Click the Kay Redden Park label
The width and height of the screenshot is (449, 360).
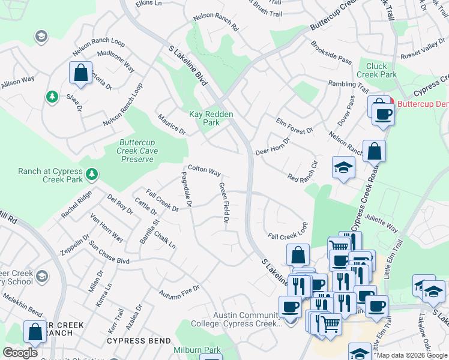point(211,118)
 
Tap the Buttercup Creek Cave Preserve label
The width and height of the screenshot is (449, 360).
point(139,151)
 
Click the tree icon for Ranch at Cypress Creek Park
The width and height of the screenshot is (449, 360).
point(91,175)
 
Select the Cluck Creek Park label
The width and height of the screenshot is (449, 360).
point(376,70)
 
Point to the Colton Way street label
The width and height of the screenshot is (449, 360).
point(204,171)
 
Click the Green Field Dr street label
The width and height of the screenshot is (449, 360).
point(224,205)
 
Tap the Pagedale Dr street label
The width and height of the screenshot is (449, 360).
point(185,190)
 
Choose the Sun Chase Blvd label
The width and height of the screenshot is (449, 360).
point(109,253)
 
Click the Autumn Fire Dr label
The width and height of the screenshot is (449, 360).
point(179,293)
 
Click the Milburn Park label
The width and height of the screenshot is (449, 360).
point(189,350)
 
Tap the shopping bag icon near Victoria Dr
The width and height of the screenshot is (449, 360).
point(80,73)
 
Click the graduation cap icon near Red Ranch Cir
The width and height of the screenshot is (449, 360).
point(344,167)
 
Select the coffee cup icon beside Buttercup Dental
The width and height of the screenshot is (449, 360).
point(382,113)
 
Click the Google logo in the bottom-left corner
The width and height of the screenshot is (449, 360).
point(20,353)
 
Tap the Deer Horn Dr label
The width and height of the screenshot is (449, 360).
point(273,146)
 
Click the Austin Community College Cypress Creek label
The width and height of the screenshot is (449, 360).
point(248,319)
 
